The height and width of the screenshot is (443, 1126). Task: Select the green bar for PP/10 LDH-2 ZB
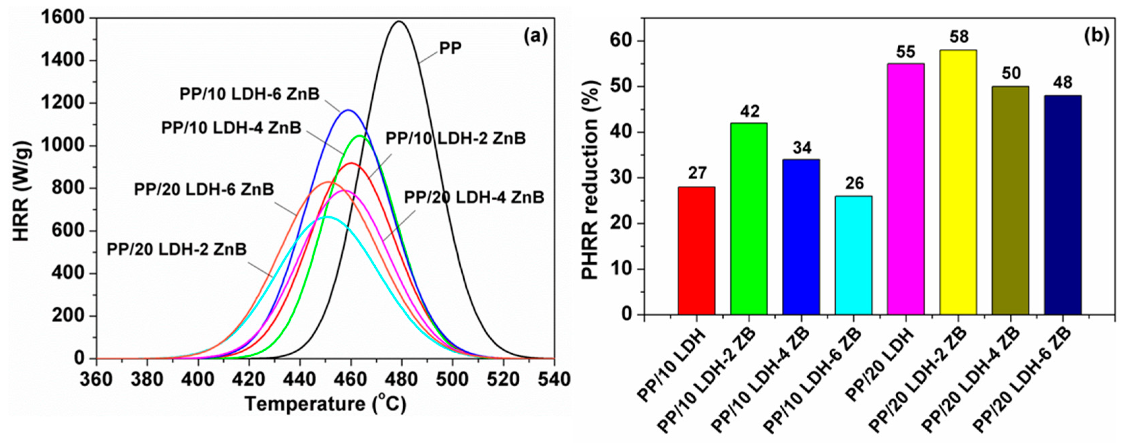click(748, 218)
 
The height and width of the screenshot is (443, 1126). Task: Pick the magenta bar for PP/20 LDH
click(906, 189)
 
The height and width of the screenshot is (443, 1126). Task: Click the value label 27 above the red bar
click(696, 173)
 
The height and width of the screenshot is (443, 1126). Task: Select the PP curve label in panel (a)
click(450, 49)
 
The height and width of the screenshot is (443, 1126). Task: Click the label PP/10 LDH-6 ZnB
click(250, 94)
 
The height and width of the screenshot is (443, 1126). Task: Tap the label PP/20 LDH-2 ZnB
click(177, 249)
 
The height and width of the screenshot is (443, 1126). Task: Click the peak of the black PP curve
click(399, 21)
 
